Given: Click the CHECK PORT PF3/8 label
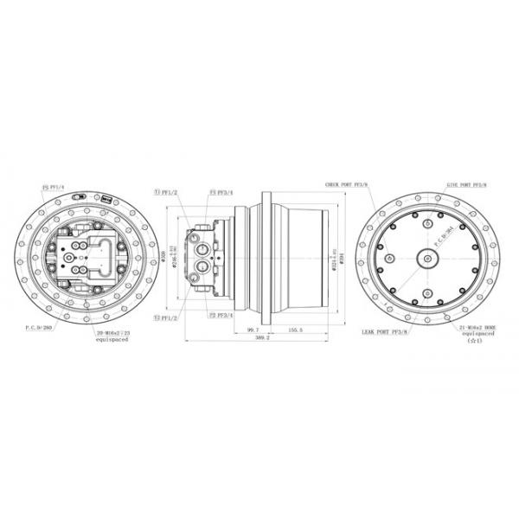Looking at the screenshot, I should coord(345,184).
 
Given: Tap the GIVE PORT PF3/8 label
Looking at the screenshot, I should coord(466,184).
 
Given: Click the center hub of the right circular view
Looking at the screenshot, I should coord(429,256).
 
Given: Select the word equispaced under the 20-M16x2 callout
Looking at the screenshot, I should coord(113,340).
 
